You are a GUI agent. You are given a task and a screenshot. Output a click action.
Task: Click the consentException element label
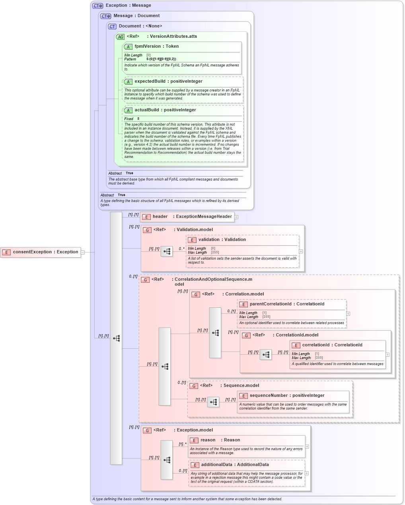[45, 252]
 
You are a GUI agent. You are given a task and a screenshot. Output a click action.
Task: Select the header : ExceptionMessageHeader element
[192, 217]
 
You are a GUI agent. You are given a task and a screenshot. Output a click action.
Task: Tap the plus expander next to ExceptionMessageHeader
[236, 217]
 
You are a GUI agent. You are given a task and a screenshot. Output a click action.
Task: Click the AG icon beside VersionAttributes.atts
[120, 37]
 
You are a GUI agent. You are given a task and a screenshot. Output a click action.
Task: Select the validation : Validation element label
[222, 240]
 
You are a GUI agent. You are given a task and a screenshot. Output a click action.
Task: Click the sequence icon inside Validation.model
[167, 251]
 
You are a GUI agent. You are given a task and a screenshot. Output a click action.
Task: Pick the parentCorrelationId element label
[286, 304]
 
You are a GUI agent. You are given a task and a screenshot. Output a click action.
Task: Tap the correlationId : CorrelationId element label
[332, 345]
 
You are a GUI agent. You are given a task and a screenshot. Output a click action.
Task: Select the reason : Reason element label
[220, 440]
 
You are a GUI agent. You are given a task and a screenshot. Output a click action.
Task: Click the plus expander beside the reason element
[307, 447]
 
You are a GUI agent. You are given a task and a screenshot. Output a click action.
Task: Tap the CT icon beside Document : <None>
[112, 26]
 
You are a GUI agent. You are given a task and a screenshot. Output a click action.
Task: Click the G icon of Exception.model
[147, 430]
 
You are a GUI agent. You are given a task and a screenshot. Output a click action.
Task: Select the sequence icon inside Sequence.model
[213, 402]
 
